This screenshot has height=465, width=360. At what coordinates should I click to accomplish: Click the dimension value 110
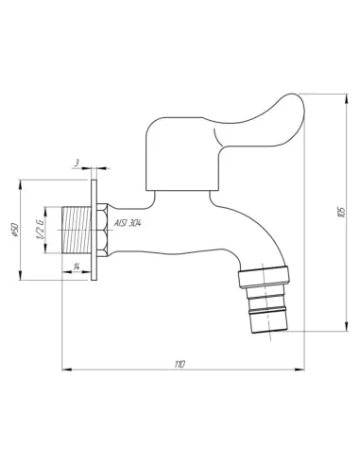[180, 362]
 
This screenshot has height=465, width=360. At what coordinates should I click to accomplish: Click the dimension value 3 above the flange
[77, 163]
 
